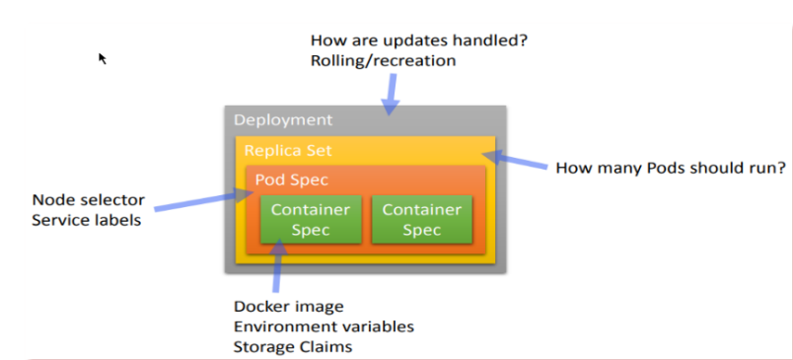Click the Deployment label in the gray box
[x=283, y=120]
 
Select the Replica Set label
[x=288, y=150]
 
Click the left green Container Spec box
[x=311, y=219]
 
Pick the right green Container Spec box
[x=421, y=219]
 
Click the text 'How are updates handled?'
[x=419, y=39]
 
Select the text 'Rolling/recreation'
[x=383, y=61]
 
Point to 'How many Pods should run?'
[x=671, y=168]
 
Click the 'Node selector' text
[x=89, y=199]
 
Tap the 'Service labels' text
[x=87, y=221]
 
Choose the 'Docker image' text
[x=289, y=307]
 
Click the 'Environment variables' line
[x=324, y=326]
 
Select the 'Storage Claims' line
[x=293, y=347]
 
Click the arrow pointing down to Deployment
[x=390, y=95]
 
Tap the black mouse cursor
[x=103, y=58]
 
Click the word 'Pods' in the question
[x=649, y=168]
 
